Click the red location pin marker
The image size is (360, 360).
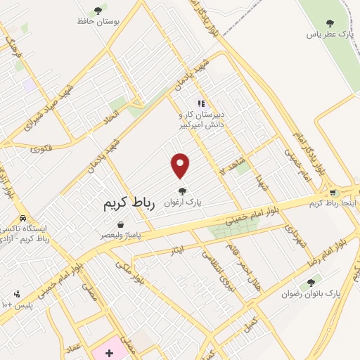[181, 165]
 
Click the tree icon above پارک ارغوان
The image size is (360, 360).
[182, 190]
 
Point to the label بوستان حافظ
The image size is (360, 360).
[99, 21]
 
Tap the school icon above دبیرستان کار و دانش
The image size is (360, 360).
[201, 103]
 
